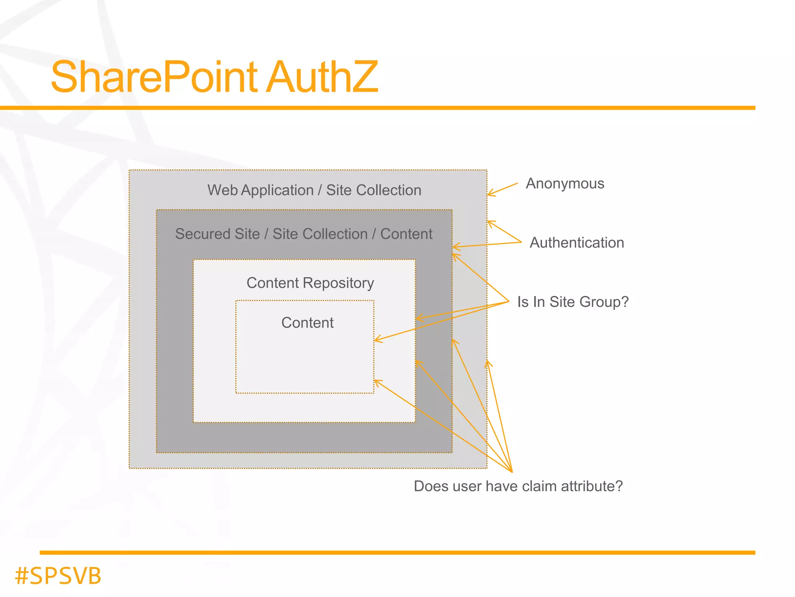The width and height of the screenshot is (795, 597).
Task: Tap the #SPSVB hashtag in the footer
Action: coord(58,576)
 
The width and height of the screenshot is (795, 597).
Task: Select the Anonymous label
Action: coord(565,183)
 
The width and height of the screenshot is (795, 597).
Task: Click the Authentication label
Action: coord(577,243)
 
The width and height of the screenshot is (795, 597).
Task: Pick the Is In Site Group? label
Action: coord(573,302)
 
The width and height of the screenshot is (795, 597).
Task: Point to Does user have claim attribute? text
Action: coord(518,486)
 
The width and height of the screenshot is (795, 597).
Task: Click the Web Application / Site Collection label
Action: coord(314,190)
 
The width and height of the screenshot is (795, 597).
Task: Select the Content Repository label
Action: coord(310,283)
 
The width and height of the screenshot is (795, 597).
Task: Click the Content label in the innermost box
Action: coord(307,323)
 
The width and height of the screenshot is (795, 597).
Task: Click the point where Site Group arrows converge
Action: coord(509,301)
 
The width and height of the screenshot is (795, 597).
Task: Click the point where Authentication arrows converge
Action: coord(521,242)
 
